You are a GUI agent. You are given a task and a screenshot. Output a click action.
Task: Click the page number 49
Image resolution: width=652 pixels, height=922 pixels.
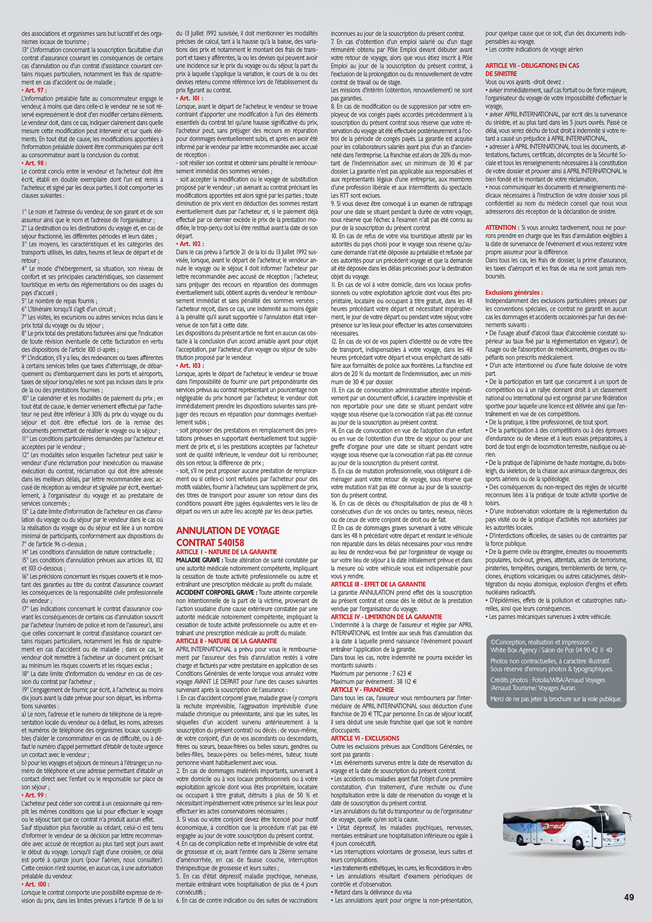pyautogui.click(x=629, y=897)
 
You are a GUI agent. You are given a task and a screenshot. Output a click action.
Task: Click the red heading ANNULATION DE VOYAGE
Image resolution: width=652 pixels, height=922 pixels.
pyautogui.click(x=228, y=530)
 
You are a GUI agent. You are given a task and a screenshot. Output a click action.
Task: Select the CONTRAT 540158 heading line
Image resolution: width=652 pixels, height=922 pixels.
pyautogui.click(x=210, y=542)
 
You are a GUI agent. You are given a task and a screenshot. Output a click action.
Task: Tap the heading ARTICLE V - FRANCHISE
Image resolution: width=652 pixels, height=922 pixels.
pyautogui.click(x=362, y=690)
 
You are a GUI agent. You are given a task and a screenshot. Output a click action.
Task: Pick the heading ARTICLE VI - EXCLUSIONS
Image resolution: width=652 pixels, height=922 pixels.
pyautogui.click(x=365, y=738)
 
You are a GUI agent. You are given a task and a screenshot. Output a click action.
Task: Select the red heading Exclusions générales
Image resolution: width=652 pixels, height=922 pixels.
pyautogui.click(x=513, y=293)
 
